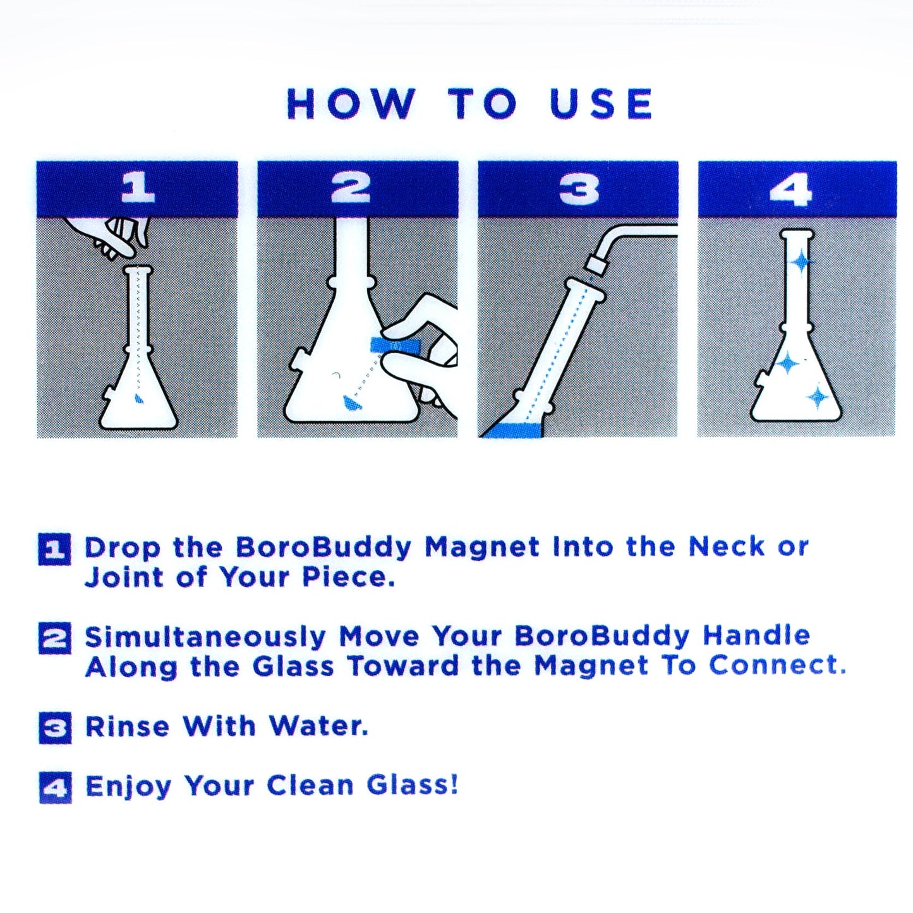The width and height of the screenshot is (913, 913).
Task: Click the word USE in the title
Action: (x=601, y=104)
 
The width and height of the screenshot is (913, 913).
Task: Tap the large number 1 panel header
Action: (x=137, y=188)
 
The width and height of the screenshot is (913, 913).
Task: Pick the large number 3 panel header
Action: (x=578, y=188)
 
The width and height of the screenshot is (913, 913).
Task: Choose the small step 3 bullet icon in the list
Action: (x=55, y=727)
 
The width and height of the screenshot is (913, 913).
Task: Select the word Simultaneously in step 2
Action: (x=205, y=637)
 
